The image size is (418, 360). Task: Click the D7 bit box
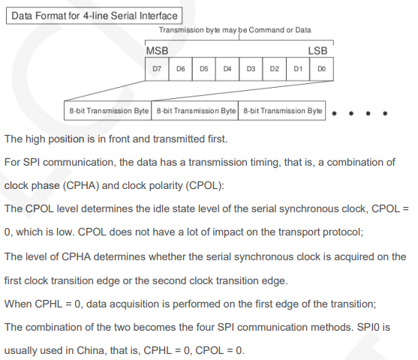click(x=157, y=69)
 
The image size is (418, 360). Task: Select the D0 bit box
click(x=321, y=69)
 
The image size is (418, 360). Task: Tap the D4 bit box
click(x=227, y=69)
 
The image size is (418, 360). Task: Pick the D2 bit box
click(x=275, y=69)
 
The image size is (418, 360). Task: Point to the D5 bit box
click(x=204, y=69)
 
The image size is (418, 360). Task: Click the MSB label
click(x=158, y=51)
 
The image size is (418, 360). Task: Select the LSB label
click(x=317, y=51)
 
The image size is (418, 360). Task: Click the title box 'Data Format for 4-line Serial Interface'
click(x=95, y=16)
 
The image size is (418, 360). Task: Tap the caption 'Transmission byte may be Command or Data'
click(x=235, y=30)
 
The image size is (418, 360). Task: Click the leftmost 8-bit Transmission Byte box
click(x=108, y=110)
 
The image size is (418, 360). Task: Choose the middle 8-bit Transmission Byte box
click(x=195, y=110)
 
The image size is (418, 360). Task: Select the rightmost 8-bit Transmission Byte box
click(x=281, y=110)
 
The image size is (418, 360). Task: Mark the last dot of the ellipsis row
click(x=385, y=113)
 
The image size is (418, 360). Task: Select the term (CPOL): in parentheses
click(x=205, y=185)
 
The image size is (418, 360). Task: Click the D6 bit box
click(x=180, y=69)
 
